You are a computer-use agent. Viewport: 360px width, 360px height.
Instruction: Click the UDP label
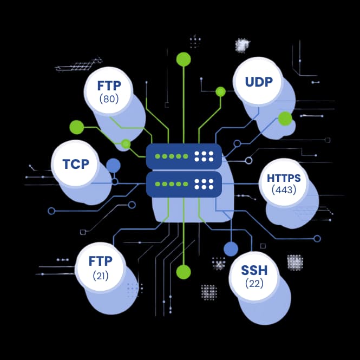point(259,82)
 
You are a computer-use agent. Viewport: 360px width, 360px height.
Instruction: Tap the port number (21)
point(101,276)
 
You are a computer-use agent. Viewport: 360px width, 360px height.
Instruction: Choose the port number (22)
point(254,283)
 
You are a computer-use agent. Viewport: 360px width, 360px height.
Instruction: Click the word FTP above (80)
point(109,86)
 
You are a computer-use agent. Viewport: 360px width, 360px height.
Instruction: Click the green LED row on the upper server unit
point(172,156)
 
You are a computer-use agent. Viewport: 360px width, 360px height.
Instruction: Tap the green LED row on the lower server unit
point(172,184)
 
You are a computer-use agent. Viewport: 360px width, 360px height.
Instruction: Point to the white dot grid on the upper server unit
point(204,156)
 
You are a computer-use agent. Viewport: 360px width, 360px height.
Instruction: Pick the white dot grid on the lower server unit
point(204,184)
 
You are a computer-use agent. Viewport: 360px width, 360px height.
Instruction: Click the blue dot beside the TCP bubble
point(113,166)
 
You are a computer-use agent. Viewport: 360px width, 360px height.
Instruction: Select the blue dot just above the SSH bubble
point(231,248)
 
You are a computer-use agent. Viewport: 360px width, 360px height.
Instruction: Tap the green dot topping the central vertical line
point(184,59)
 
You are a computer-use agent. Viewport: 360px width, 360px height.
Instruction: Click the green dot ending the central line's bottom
point(184,272)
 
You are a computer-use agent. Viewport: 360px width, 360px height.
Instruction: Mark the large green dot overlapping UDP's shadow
point(285,119)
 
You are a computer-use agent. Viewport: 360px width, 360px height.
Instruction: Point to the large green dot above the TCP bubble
point(77,127)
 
